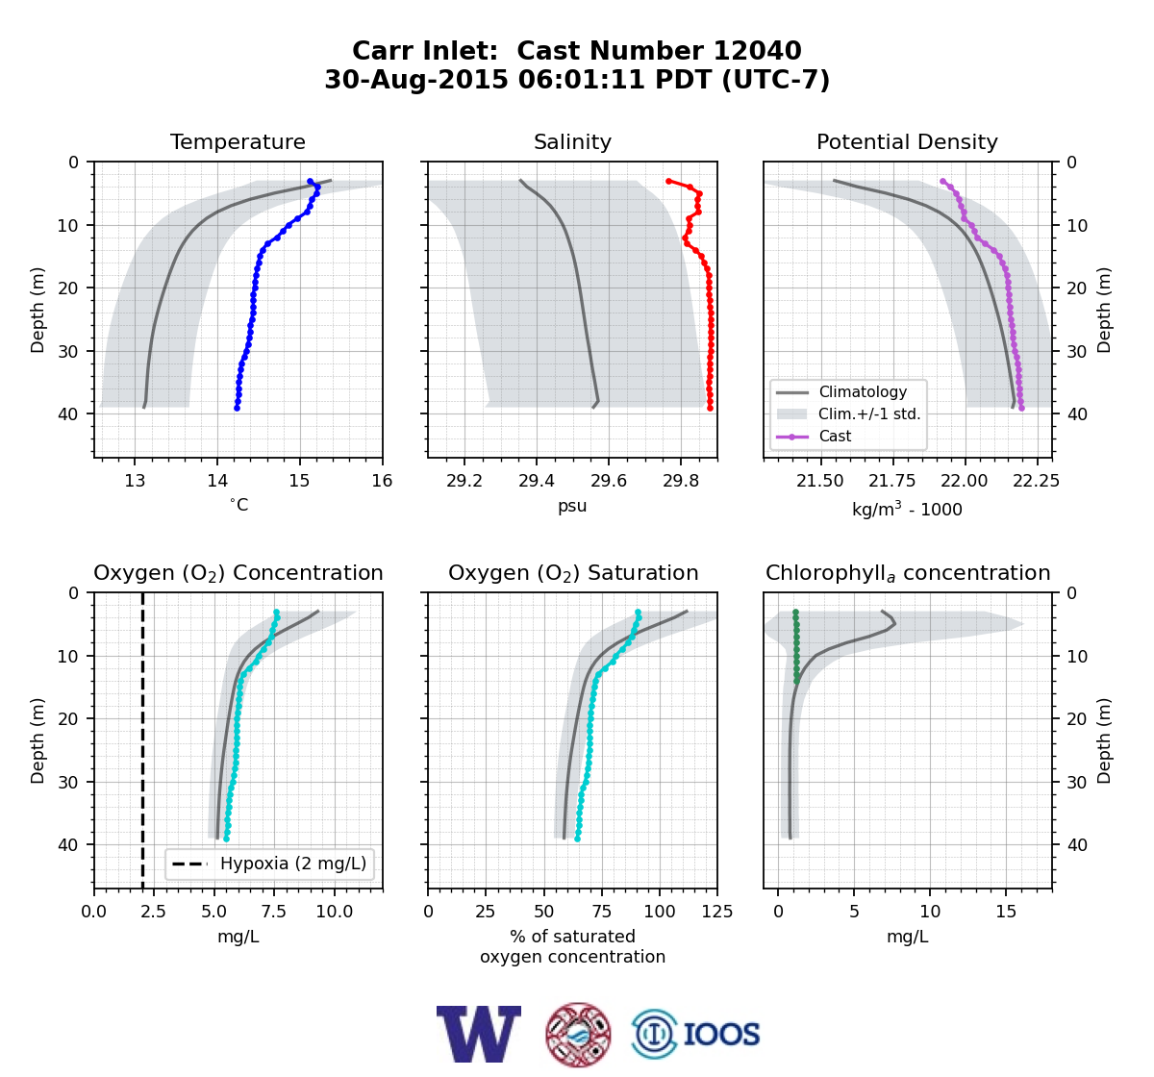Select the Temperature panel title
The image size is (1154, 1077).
point(238,141)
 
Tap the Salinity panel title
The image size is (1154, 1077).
point(572,141)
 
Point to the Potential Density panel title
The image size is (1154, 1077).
point(907,141)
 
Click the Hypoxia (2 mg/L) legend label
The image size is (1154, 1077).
point(293,864)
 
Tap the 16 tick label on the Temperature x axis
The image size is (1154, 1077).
point(383,481)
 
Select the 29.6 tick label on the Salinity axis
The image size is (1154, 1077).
point(609,481)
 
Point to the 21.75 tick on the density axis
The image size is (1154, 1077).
point(891,481)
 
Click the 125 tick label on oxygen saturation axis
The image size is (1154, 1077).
point(717,912)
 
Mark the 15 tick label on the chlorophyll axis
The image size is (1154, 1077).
point(1006,912)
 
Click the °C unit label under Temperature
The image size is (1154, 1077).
point(238,505)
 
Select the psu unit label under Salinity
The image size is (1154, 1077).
point(572,506)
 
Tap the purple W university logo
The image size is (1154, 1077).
point(479,1034)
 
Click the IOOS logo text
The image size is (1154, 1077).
point(721,1034)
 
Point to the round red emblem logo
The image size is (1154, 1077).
point(578,1035)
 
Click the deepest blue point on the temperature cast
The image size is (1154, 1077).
point(238,408)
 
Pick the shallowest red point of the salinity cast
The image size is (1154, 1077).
point(668,182)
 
